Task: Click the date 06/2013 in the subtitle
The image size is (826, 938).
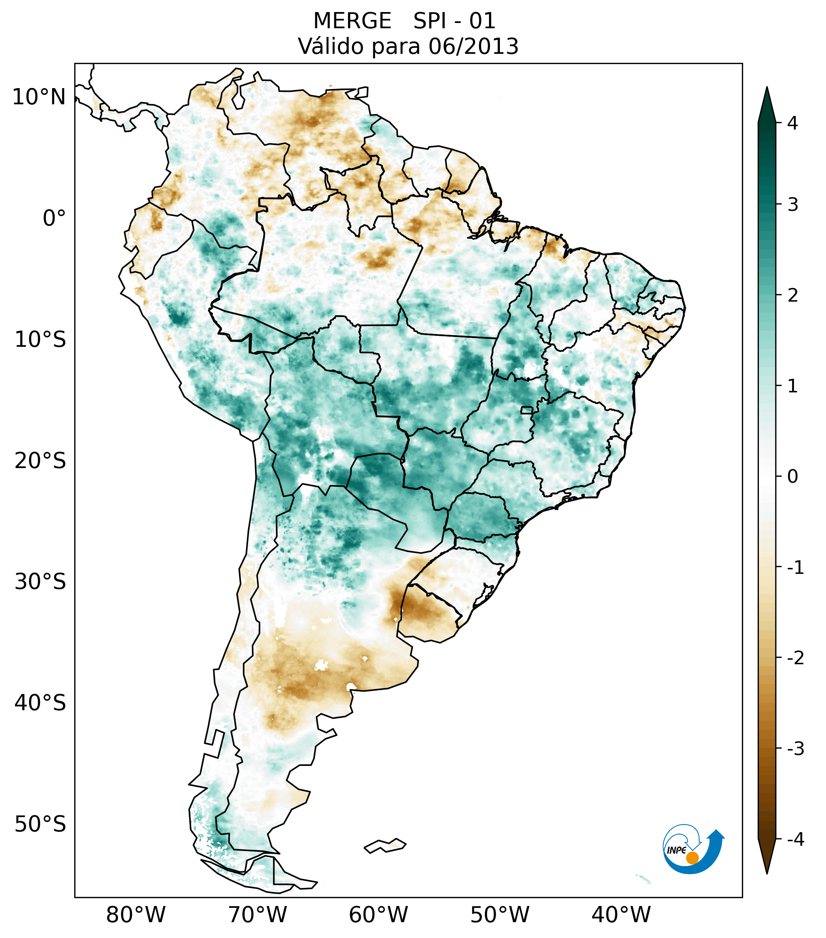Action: tap(473, 46)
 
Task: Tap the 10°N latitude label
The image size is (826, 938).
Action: tap(39, 97)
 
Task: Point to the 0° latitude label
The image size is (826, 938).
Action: tap(54, 218)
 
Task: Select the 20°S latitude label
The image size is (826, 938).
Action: tap(40, 461)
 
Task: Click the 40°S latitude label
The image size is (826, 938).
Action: tap(40, 703)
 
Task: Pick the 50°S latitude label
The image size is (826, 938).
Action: tap(40, 825)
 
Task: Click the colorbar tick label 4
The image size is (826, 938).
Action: tap(792, 123)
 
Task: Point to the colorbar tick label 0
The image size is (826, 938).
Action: tap(792, 477)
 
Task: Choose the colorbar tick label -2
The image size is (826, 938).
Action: tap(795, 658)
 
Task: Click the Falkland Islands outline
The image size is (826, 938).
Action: tap(385, 846)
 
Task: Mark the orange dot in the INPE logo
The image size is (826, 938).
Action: tap(692, 858)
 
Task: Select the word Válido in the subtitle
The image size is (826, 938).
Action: tap(331, 46)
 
